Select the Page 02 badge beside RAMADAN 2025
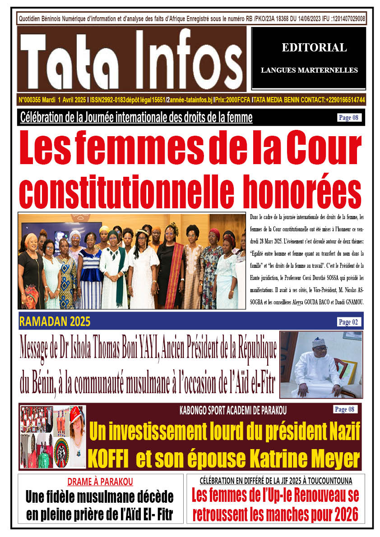pos(348,322)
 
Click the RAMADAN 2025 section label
pos(55,322)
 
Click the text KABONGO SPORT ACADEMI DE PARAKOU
pos(233,411)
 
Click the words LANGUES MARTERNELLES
pos(309,70)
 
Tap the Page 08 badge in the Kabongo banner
pos(346,409)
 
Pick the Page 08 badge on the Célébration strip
pos(349,118)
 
